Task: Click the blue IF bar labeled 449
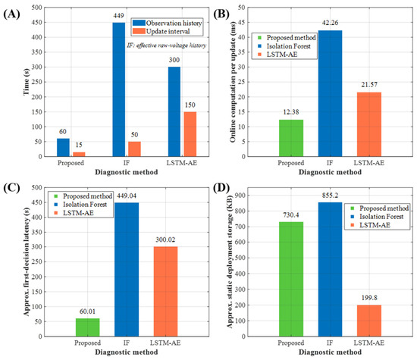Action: [118, 89]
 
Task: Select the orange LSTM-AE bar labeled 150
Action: [190, 134]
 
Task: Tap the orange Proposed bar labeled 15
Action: [79, 154]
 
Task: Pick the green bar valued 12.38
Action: [291, 138]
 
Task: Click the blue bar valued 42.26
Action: [330, 93]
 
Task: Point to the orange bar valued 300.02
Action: [165, 291]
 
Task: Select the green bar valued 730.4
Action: [291, 279]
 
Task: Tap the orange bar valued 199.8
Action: [369, 321]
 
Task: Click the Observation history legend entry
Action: [168, 23]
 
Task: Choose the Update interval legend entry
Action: [161, 31]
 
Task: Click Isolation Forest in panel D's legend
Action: [377, 217]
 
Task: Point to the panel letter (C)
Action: [11, 187]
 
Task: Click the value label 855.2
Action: [330, 196]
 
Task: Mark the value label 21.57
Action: [369, 85]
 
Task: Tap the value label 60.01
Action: [87, 311]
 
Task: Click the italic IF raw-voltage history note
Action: [167, 45]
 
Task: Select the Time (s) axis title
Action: [27, 82]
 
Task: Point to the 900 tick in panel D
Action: [240, 196]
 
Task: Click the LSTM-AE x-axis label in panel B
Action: [369, 163]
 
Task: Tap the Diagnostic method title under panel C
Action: [127, 352]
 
